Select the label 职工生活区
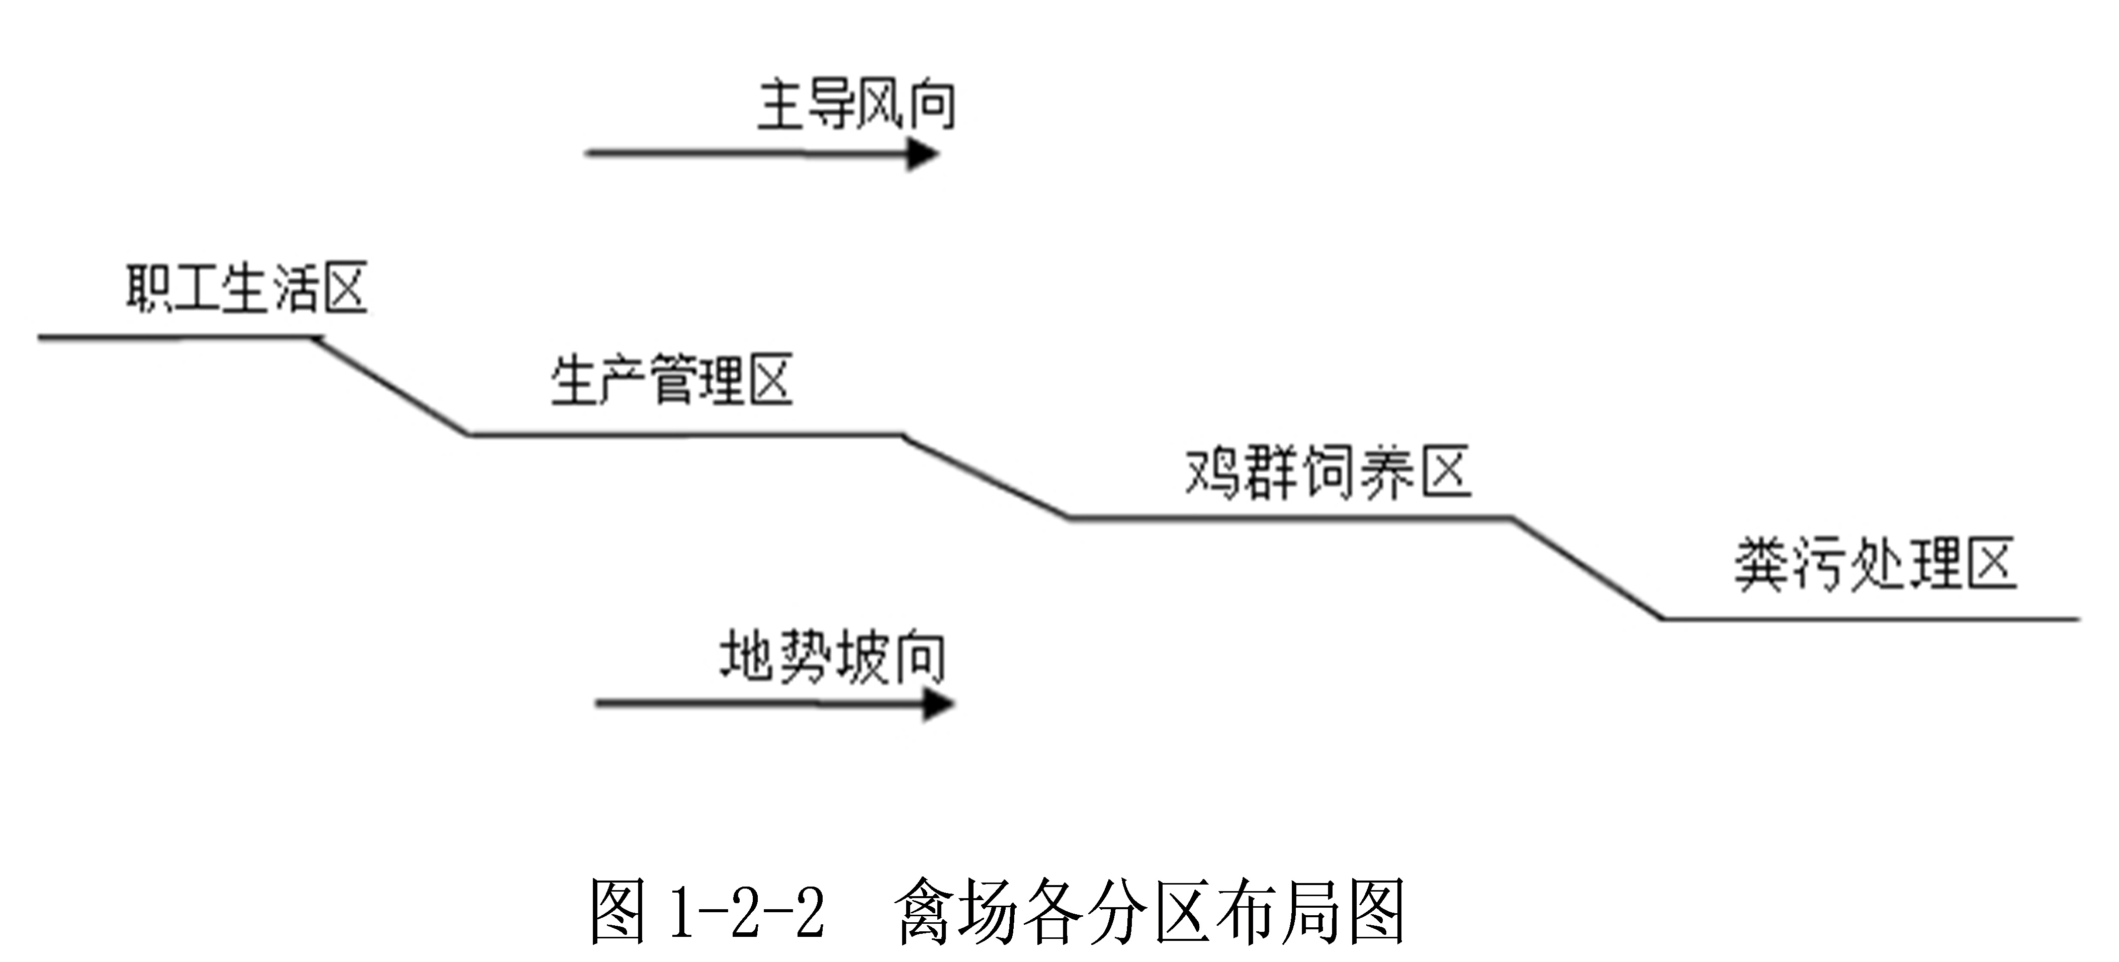(x=246, y=288)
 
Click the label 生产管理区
(x=671, y=380)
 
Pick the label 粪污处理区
(x=1876, y=565)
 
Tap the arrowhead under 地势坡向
(x=938, y=704)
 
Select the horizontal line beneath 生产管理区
(x=687, y=434)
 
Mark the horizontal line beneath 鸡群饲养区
(x=1291, y=517)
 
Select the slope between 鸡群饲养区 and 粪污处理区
(x=1587, y=569)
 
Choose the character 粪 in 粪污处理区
(x=1761, y=565)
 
